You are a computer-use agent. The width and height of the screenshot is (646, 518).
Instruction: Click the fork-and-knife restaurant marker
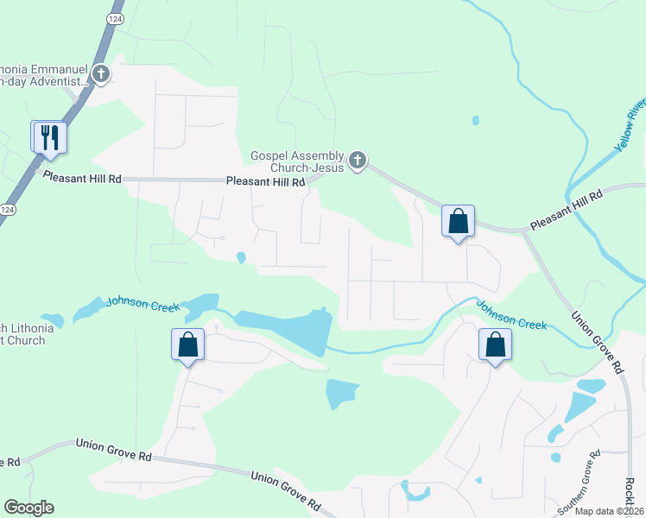click(48, 137)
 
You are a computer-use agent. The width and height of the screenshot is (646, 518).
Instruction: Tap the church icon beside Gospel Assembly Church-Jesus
click(357, 160)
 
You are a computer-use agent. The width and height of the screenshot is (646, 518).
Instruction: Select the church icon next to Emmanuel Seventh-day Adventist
click(101, 73)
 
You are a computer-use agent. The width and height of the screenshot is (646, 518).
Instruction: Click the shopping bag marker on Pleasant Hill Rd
click(458, 221)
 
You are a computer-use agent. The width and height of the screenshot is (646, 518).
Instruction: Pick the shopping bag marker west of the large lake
click(187, 345)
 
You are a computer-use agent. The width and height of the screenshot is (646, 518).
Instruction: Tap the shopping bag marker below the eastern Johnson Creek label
click(495, 345)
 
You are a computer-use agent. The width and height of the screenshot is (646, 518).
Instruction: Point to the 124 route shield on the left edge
click(7, 210)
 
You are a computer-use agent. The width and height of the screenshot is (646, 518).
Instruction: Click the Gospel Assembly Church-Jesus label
click(297, 161)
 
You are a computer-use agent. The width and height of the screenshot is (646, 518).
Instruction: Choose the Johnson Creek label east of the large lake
click(512, 315)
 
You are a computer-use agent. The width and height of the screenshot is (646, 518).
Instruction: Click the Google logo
click(28, 508)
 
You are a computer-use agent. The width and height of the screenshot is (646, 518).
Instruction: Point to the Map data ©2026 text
click(610, 511)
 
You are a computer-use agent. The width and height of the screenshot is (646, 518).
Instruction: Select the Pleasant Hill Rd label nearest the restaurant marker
click(82, 177)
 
